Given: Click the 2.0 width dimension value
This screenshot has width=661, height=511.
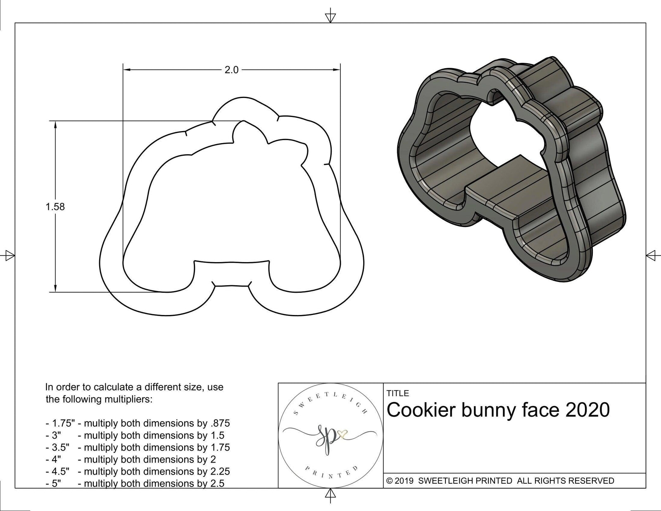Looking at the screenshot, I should tap(231, 70).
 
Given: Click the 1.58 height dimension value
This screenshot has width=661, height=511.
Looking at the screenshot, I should tap(55, 207).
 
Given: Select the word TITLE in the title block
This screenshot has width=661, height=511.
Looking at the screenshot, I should tap(398, 393).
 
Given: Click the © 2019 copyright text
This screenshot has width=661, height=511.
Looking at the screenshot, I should tap(400, 481).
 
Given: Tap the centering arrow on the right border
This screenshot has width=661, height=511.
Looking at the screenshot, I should tap(651, 255).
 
